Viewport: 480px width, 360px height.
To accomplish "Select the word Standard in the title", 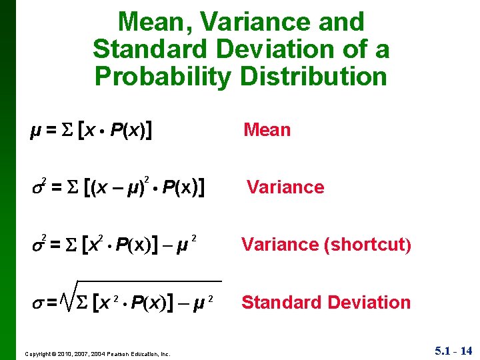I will (x=153, y=49).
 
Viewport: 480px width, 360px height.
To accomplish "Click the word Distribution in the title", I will (x=314, y=76).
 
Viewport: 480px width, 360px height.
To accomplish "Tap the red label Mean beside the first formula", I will (x=267, y=129).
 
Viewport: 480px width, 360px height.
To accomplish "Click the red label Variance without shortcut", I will (x=285, y=187).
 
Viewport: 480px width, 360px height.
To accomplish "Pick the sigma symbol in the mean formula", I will (x=67, y=130).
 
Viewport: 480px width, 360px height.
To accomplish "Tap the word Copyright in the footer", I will (x=41, y=353).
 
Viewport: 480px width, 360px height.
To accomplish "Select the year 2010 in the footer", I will (x=70, y=353).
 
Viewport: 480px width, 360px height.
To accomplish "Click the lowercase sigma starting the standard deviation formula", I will (x=37, y=304).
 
